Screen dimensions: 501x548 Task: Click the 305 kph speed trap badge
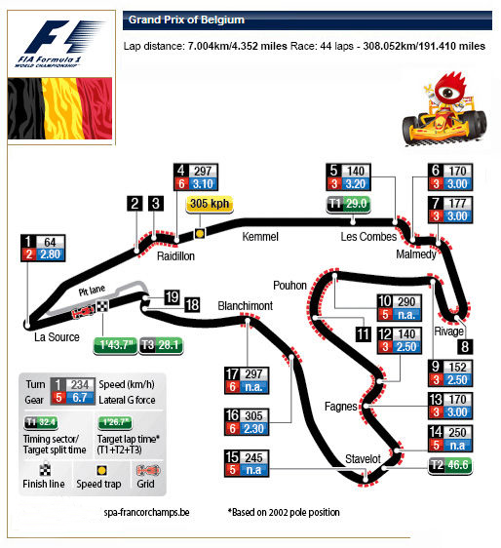(x=210, y=204)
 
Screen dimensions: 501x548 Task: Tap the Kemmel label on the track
(x=260, y=237)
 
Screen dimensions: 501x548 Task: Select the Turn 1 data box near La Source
(x=43, y=248)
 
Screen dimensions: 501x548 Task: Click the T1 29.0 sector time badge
(x=348, y=205)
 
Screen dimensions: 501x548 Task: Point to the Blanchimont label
(x=246, y=306)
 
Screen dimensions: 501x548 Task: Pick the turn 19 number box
(x=172, y=296)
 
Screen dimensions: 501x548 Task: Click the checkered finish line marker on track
(x=102, y=306)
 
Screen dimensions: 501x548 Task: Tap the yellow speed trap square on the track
(x=200, y=233)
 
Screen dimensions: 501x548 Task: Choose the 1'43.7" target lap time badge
(x=116, y=345)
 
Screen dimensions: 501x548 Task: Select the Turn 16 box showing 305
(x=247, y=422)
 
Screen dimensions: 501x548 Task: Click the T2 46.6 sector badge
(x=450, y=465)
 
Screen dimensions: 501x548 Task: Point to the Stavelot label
(x=363, y=459)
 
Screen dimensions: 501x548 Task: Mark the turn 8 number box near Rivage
(x=465, y=347)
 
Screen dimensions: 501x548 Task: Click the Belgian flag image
(x=60, y=108)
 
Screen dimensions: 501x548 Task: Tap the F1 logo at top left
(x=59, y=43)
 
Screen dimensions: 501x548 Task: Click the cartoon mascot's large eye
(x=448, y=92)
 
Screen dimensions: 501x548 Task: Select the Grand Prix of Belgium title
(x=186, y=20)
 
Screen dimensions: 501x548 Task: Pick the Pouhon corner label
(x=290, y=286)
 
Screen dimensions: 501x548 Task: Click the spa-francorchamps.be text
(x=147, y=512)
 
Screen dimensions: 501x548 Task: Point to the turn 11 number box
(x=363, y=334)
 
